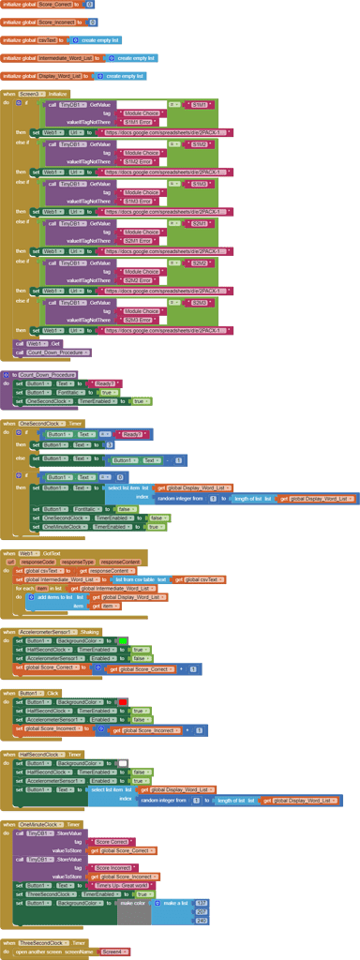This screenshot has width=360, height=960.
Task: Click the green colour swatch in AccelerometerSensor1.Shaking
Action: [123, 640]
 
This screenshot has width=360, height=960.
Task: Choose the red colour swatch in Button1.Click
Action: [123, 701]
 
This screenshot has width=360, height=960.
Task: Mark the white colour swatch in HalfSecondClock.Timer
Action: [123, 763]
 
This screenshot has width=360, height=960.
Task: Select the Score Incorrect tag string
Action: [117, 867]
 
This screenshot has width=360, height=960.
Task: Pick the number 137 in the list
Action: [202, 903]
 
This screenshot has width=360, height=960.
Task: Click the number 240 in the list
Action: [202, 921]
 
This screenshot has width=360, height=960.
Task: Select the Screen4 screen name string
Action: [115, 952]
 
